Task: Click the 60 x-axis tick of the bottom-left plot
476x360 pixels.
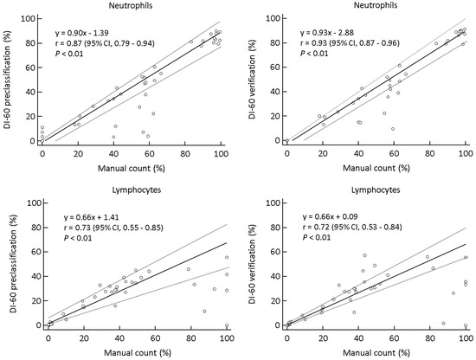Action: (155, 337)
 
